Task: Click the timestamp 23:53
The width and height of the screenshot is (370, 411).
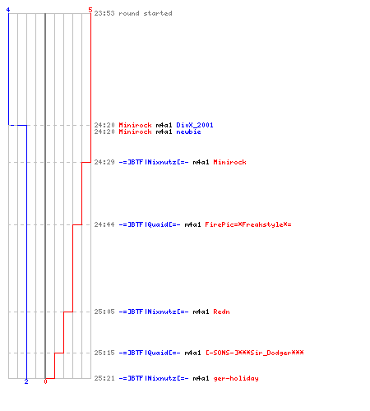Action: click(104, 13)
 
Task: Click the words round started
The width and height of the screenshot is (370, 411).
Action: click(146, 13)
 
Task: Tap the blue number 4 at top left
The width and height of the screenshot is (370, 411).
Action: click(8, 10)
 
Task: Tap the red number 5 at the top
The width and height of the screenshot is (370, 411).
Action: click(90, 10)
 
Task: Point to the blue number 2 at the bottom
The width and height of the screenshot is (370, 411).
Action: click(26, 381)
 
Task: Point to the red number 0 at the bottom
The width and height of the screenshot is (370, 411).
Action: click(45, 381)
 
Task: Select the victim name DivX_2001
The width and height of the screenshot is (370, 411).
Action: click(195, 125)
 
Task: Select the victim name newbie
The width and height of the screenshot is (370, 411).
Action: click(188, 132)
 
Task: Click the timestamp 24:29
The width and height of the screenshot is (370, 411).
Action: click(104, 162)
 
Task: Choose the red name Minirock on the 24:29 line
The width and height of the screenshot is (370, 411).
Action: click(229, 162)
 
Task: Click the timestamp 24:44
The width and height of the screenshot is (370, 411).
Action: click(104, 224)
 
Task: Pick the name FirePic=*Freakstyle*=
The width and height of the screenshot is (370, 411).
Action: click(248, 224)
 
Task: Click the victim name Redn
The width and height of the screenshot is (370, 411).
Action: click(221, 312)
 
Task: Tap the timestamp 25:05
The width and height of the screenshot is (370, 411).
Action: click(104, 312)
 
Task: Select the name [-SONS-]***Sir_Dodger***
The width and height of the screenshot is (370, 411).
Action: click(255, 353)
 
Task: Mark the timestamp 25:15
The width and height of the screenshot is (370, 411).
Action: click(104, 353)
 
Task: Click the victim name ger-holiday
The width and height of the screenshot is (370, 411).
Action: click(236, 378)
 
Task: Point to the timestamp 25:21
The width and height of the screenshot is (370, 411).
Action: click(104, 378)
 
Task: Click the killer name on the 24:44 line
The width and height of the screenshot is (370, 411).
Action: click(150, 224)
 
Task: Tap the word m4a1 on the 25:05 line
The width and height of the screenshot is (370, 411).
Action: click(201, 312)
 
